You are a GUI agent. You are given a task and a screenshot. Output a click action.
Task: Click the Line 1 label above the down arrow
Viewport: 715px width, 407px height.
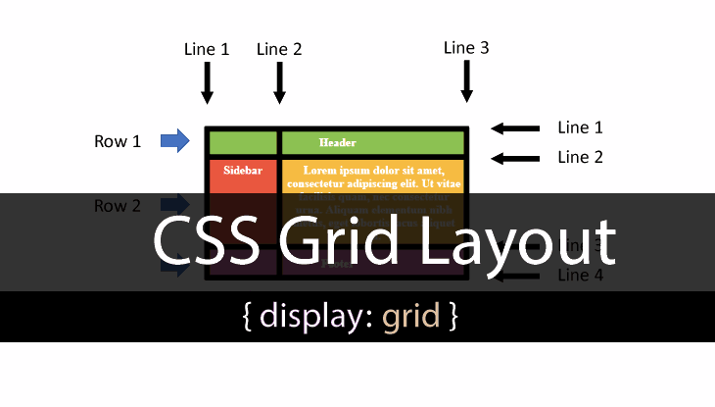point(206,49)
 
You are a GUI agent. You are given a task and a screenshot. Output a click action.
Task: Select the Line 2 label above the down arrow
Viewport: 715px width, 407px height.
point(279,49)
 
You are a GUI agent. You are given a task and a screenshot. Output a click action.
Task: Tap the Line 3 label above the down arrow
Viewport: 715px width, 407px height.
point(466,47)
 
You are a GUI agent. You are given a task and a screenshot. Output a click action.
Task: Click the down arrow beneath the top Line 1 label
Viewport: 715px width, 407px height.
point(207,82)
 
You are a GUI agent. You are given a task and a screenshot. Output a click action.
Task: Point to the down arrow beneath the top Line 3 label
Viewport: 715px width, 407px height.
point(467,81)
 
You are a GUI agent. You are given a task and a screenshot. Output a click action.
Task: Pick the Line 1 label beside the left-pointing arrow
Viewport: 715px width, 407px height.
point(580,127)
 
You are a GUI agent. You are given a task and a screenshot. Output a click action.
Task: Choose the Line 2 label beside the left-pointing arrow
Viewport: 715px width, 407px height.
point(580,157)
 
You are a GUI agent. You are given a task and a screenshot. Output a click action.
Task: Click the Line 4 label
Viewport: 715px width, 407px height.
point(580,276)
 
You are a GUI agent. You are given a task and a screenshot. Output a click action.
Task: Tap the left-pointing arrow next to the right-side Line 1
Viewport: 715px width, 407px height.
point(515,128)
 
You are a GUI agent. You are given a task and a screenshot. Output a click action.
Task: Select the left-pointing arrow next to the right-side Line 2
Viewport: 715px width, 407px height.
point(515,158)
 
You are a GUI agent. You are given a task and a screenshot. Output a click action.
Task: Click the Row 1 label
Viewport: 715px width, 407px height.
point(118,141)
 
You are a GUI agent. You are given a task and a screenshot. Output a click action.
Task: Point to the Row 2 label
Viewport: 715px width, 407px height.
point(118,206)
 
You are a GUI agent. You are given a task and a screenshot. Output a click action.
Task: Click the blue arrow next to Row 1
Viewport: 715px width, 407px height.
point(174,141)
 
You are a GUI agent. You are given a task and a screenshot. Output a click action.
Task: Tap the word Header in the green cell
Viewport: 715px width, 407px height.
point(337,143)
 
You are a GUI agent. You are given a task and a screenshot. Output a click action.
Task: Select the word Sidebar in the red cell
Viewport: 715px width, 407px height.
point(243,170)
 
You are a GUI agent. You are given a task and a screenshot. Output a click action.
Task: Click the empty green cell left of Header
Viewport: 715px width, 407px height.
point(243,143)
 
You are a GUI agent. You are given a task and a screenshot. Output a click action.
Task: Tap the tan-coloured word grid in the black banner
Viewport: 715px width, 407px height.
point(410,318)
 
